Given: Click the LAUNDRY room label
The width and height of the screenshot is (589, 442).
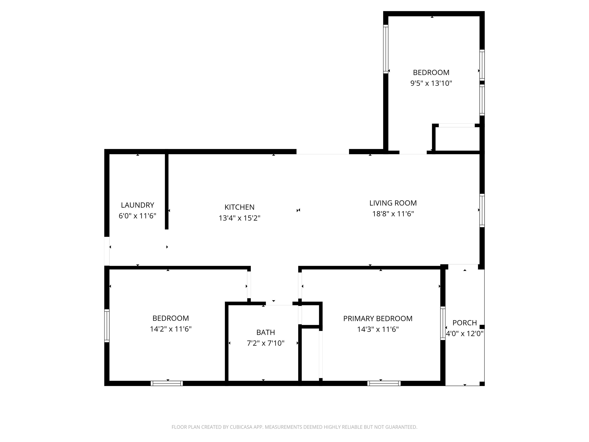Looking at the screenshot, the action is click(x=137, y=205).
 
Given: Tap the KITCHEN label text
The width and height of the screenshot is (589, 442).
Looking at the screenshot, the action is click(x=239, y=207).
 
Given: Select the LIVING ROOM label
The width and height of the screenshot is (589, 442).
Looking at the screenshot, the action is click(x=393, y=203).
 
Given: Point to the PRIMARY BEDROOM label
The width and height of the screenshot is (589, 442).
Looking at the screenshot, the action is click(x=378, y=319).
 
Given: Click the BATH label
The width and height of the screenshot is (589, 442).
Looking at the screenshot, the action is click(x=266, y=332).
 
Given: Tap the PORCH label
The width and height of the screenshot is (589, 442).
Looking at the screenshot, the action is click(x=465, y=323).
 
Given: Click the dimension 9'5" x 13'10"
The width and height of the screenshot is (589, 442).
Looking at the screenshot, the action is click(x=431, y=83).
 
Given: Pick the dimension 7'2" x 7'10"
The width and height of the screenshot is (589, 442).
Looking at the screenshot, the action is click(x=266, y=343).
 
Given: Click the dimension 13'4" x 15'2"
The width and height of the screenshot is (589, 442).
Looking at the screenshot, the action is click(x=239, y=218).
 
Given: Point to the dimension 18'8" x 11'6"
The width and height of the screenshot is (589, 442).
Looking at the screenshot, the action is click(x=393, y=214).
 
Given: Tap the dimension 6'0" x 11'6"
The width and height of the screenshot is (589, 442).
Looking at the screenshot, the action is click(x=137, y=216).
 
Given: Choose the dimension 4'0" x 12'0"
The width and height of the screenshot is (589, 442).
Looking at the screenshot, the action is click(x=465, y=334).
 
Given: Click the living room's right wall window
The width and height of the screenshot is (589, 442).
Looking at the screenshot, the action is click(x=482, y=210).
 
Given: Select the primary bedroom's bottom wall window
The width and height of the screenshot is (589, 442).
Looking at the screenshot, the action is click(x=384, y=383).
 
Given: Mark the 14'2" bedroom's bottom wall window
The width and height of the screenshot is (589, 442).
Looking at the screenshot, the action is click(x=167, y=383).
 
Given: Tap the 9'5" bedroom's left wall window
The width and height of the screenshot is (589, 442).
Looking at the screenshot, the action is click(x=386, y=49).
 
